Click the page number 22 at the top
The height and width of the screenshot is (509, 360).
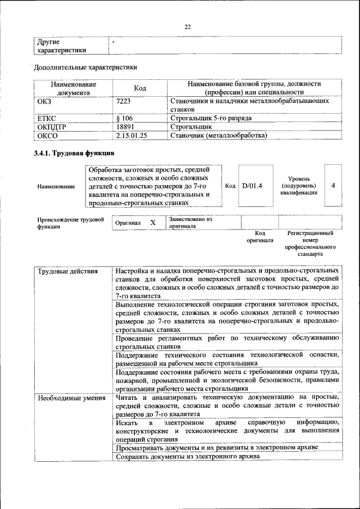pos(188,26)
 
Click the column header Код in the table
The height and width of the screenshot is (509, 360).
pos(139,88)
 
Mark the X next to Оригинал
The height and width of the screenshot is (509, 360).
pos(153,223)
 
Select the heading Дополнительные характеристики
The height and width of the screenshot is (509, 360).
pos(85,68)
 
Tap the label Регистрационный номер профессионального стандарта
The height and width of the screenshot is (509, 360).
pos(310,243)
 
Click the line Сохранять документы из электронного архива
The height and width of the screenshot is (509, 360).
pos(187,457)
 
